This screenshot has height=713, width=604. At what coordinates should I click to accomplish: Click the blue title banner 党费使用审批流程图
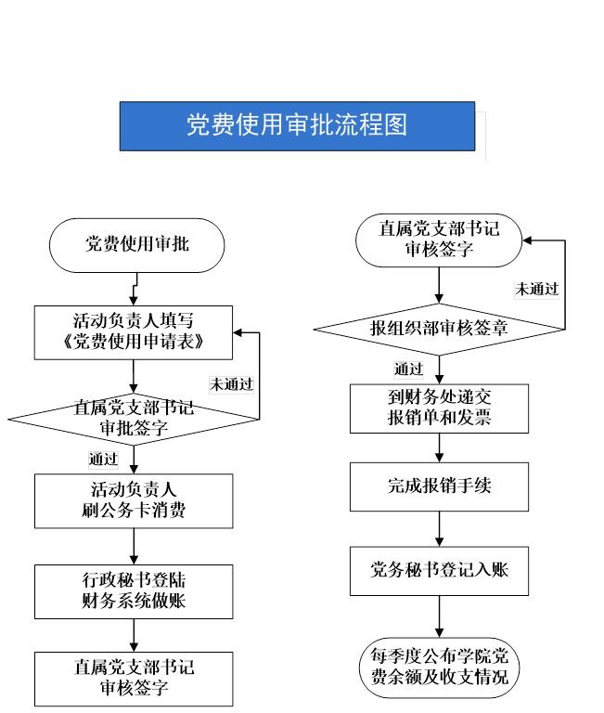[x=297, y=126]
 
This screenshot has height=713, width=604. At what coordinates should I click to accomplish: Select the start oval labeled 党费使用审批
[x=136, y=245]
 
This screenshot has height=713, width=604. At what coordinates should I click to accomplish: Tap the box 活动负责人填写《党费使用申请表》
[x=134, y=332]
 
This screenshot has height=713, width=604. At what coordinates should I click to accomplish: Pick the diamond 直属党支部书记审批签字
[x=134, y=419]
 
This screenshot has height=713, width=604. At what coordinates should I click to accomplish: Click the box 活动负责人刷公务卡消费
[x=134, y=501]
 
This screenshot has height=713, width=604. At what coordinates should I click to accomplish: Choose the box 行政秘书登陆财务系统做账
[x=134, y=591]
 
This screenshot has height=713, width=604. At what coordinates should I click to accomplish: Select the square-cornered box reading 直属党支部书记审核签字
[x=134, y=679]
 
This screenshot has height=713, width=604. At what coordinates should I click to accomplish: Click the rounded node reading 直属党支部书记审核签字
[x=439, y=240]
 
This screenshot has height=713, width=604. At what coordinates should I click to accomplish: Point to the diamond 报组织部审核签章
[x=439, y=330]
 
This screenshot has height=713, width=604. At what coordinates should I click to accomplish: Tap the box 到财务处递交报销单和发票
[x=439, y=408]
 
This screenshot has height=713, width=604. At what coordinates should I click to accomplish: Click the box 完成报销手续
[x=439, y=486]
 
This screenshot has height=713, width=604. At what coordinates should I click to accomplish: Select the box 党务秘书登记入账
[x=439, y=571]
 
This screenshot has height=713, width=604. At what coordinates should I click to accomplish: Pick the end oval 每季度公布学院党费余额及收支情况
[x=439, y=668]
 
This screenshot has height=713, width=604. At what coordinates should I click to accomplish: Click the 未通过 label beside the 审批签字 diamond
[x=231, y=384]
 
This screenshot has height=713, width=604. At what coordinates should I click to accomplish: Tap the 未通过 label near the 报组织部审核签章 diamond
[x=537, y=290]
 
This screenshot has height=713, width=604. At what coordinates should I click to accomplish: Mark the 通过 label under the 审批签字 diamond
[x=103, y=460]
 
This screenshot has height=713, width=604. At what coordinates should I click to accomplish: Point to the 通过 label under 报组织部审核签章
[x=408, y=369]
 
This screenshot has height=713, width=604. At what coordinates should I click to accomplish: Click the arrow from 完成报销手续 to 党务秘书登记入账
[x=439, y=529]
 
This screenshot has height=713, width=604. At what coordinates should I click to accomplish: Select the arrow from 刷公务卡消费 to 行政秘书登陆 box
[x=134, y=547]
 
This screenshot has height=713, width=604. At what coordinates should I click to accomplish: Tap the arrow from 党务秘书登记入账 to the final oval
[x=439, y=616]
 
